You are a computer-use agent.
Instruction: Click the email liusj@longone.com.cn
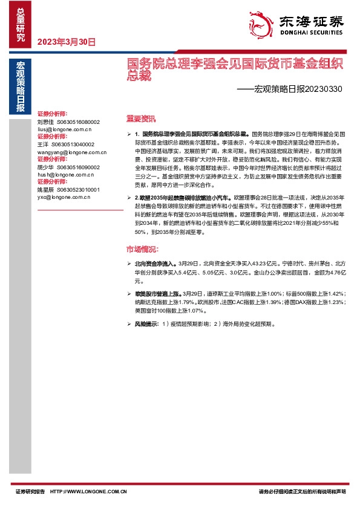[x=64, y=129]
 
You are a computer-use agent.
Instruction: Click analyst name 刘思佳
[x=46, y=122]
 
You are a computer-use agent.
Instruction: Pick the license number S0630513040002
[x=73, y=145]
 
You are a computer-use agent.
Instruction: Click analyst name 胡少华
[x=46, y=167]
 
